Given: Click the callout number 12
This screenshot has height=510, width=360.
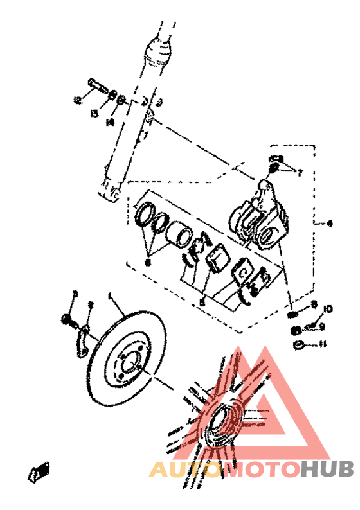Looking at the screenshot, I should coord(78,100).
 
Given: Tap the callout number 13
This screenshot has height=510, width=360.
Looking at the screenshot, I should coord(94,114).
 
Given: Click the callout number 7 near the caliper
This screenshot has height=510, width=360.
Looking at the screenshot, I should coord(298,172).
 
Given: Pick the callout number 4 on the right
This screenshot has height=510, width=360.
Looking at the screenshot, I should coord(328,224).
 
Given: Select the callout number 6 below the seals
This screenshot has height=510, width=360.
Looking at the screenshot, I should coord(147,262).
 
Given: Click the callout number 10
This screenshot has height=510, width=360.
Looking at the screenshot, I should coord(328,310).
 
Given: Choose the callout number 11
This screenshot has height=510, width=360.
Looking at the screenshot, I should coord(323,344).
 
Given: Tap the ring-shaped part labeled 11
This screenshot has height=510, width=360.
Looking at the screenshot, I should coord(298,346).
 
